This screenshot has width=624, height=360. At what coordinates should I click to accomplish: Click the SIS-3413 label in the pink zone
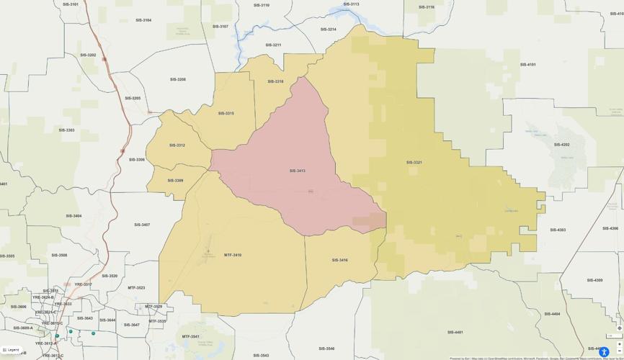point(298,171)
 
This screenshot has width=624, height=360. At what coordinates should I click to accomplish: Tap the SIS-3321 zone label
point(414,162)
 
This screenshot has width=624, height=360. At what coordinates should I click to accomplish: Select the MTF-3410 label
point(233,255)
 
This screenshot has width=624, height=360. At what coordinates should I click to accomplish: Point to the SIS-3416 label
point(339,260)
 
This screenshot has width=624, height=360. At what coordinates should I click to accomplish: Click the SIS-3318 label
point(275,81)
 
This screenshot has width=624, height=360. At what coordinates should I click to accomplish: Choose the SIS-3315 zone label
point(226,113)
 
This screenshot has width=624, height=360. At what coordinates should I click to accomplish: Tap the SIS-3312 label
point(177,145)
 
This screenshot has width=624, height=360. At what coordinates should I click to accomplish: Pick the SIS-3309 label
point(175,180)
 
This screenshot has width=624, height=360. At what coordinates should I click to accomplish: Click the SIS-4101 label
point(528,64)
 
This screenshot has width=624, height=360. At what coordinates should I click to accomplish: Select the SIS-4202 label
point(561,144)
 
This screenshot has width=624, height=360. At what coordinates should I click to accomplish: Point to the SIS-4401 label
point(455,332)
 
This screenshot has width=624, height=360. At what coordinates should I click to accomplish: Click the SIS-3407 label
point(142,225)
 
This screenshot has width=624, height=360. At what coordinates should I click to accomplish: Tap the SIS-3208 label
point(177,79)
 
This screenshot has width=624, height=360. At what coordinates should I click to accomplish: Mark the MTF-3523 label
point(136,287)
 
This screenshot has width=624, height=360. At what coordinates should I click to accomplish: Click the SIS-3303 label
point(66,130)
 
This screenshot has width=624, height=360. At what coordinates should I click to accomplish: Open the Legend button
point(11,350)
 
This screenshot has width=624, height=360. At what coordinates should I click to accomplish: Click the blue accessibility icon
point(604,352)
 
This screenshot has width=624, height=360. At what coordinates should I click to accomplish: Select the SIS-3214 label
point(328,30)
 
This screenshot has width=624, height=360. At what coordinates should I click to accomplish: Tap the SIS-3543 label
point(261,355)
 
